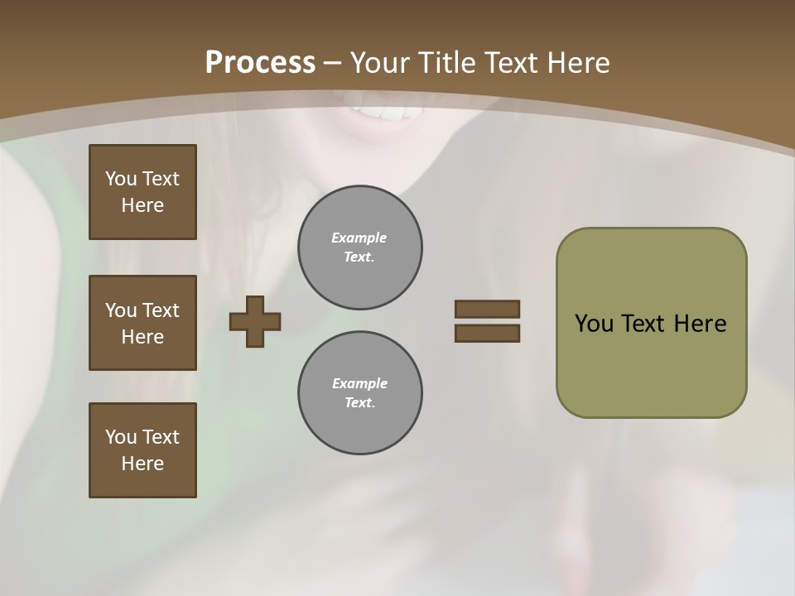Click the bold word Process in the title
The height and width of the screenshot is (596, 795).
pos(260,63)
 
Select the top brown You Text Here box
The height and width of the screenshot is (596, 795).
pos(142,192)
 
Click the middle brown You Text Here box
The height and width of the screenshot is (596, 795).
pos(142,323)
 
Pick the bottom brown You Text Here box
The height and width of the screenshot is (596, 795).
pos(142,450)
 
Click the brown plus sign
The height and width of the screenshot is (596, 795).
pos(255,322)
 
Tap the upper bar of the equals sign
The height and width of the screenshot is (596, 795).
pos(487,309)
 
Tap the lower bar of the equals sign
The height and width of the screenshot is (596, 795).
pos(487,333)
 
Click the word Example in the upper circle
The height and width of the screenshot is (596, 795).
pos(359,238)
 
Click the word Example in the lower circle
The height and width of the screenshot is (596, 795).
pos(359,383)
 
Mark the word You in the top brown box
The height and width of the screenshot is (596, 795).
pos(121,179)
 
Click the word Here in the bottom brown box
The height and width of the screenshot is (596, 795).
pos(142,464)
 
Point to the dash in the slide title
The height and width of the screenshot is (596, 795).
pos(332,63)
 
